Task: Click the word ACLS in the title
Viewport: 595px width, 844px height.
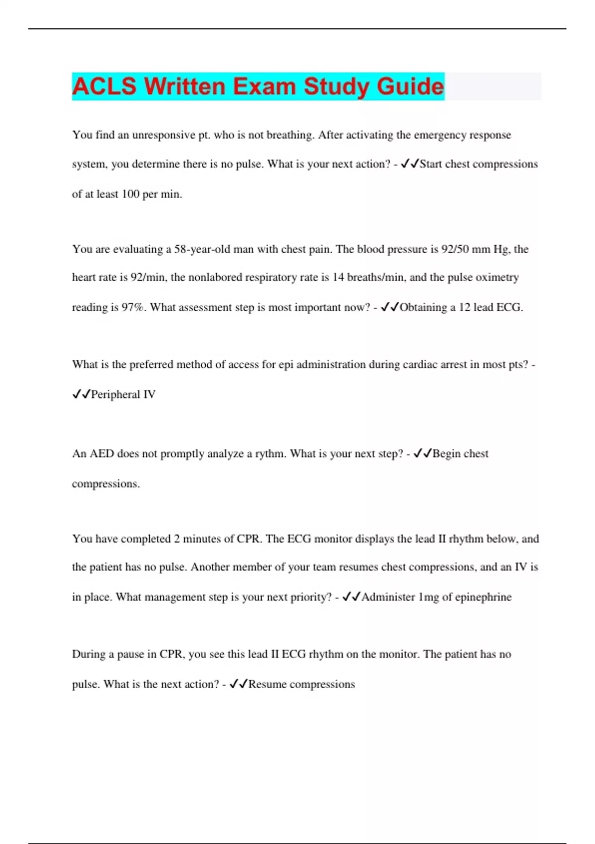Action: coord(104,86)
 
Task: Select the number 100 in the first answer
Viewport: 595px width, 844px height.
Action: coord(130,194)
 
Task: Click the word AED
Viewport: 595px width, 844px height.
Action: coord(102,454)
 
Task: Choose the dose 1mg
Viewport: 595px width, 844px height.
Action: coord(429,597)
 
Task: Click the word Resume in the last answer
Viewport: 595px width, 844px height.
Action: coord(267,685)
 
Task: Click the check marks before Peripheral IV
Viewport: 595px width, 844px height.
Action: coord(81,395)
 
